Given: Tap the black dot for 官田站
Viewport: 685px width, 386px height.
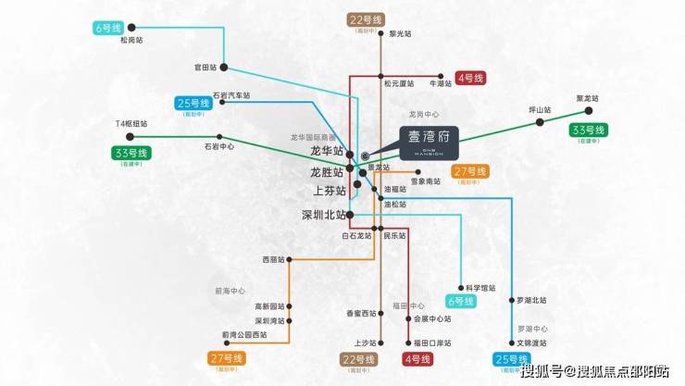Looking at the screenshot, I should tap(224, 68).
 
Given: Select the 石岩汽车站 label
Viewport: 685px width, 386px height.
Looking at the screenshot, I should tap(231, 94).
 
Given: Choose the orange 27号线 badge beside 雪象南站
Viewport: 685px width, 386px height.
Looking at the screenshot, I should tap(470, 171).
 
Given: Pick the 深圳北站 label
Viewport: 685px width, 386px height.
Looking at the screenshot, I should tap(320, 216).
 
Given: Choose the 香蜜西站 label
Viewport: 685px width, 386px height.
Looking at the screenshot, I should tap(362, 313).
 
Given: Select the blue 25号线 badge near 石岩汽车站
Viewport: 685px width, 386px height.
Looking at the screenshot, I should tap(194, 103).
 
